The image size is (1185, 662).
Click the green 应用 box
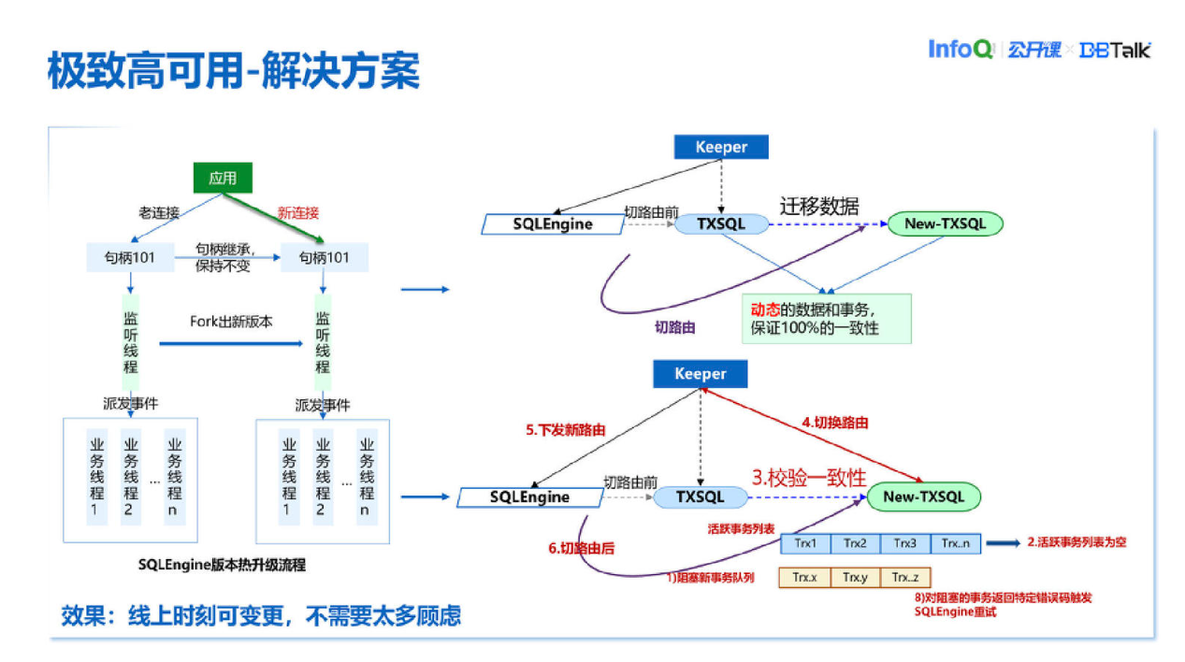click(x=223, y=178)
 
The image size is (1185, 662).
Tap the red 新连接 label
click(x=298, y=212)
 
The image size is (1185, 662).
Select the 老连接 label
click(x=159, y=213)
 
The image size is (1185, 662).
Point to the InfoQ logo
click(x=960, y=50)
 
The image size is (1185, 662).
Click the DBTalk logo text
click(x=1115, y=50)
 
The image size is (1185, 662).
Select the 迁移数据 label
click(x=819, y=206)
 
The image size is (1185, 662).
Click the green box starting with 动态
click(x=826, y=318)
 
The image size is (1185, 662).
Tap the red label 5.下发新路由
click(x=566, y=430)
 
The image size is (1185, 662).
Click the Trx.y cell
click(x=855, y=578)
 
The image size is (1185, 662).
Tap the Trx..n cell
click(x=956, y=543)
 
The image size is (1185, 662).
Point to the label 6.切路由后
click(x=581, y=548)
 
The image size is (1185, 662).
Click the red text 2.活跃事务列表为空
click(x=1077, y=542)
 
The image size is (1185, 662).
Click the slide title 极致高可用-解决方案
click(x=233, y=72)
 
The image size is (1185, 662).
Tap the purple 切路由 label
click(x=674, y=328)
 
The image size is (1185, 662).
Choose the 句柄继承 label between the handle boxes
click(x=225, y=257)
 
